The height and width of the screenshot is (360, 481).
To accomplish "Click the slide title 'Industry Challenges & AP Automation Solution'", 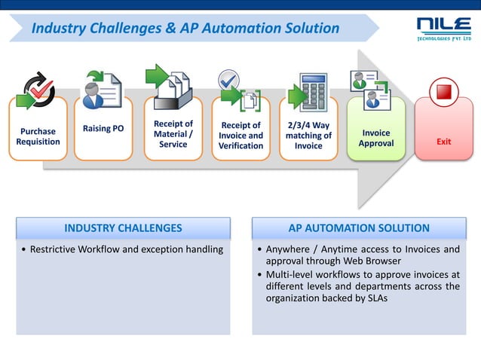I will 185,29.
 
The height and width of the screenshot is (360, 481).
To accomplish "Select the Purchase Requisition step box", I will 38,136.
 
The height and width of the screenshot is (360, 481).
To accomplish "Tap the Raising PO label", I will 103,129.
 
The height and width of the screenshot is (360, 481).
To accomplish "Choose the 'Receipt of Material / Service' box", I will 173,134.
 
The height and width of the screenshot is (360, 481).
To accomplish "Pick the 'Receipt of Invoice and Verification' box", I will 240,136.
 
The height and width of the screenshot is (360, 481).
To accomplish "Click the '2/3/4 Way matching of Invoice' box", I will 308,136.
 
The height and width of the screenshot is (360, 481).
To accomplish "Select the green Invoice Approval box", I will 375,138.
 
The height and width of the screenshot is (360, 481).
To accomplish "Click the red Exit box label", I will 444,142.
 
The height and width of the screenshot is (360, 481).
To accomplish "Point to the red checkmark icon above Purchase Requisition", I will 38,90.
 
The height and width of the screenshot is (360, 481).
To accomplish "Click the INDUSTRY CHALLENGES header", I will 123,228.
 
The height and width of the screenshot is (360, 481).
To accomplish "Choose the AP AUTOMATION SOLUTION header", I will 359,228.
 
